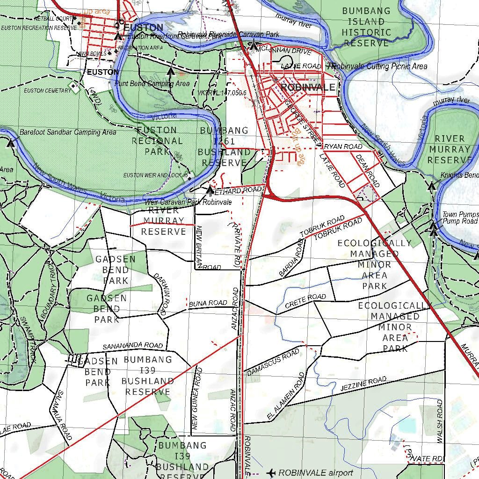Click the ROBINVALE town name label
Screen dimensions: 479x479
pos(308,87)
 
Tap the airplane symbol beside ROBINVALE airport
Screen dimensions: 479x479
pos(270,473)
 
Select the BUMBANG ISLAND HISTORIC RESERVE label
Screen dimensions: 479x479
pos(366,27)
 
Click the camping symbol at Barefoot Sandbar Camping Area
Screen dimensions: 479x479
pos(10,143)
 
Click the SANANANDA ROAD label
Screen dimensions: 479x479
pos(133,346)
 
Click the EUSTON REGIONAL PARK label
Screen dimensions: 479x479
pos(157,140)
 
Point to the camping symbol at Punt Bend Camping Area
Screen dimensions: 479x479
pos(171,72)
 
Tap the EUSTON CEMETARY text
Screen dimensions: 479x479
pos(48,90)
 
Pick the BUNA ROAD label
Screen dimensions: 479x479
pos(208,304)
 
